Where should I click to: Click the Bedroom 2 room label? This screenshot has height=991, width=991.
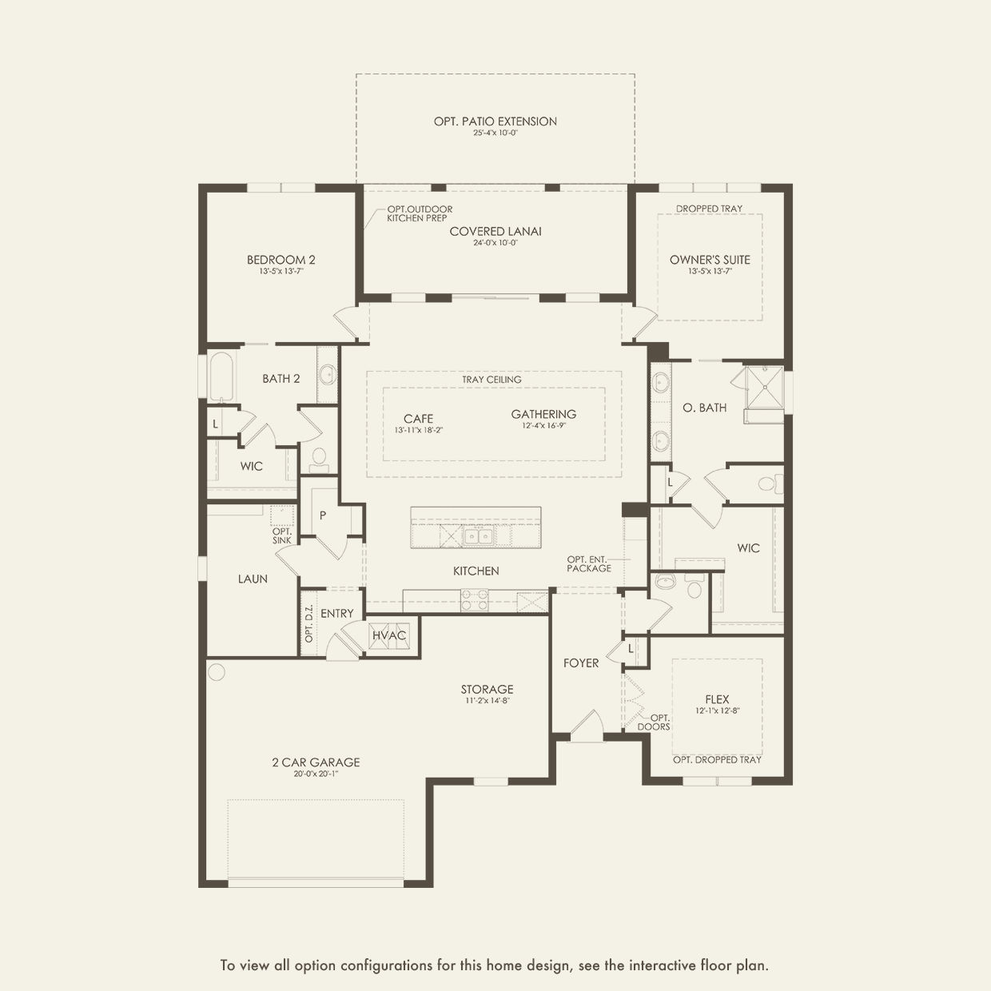tap(281, 260)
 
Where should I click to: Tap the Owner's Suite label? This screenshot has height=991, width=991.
tap(710, 260)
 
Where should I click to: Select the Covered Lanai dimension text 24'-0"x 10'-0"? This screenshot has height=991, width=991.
tap(495, 243)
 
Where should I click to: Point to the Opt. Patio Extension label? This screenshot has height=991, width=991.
tap(495, 121)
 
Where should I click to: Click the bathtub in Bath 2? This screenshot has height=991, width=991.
tap(221, 377)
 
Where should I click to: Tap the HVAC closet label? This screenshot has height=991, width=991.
tap(389, 635)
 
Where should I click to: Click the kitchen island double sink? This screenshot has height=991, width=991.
tap(479, 535)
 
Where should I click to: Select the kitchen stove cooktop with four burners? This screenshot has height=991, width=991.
tap(474, 600)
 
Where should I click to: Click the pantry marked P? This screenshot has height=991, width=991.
tap(323, 515)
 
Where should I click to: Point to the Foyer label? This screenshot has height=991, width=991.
tap(581, 663)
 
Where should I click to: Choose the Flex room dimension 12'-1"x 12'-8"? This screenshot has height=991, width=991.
tap(717, 710)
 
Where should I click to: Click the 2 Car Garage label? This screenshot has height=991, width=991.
tap(315, 762)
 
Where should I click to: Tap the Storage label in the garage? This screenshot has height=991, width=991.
tap(487, 689)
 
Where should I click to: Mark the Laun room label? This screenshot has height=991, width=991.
tap(253, 579)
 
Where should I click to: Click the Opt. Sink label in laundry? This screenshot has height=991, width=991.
tap(281, 535)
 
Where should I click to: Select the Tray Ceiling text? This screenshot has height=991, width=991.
tap(492, 380)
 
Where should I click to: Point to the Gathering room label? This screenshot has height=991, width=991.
tap(543, 414)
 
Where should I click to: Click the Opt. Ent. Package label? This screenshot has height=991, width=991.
tap(589, 563)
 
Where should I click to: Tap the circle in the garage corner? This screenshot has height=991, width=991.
tap(217, 671)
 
